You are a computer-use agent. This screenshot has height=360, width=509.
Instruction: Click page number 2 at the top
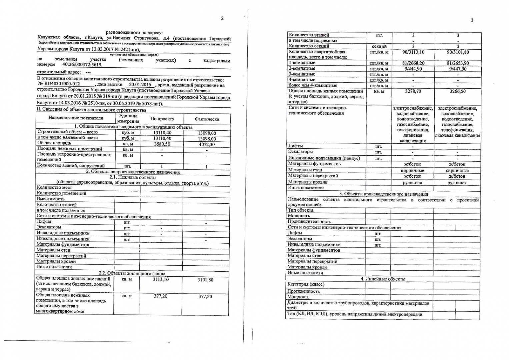[x=222, y=18]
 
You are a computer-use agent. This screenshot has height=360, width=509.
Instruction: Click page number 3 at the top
[x=472, y=20]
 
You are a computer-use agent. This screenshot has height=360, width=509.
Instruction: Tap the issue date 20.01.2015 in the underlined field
[x=140, y=85]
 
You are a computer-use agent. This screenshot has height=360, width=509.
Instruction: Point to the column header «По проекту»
[x=162, y=119]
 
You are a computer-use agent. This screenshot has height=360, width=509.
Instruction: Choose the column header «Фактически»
[x=207, y=119]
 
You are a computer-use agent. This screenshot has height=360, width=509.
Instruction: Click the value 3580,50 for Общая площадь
[x=162, y=144]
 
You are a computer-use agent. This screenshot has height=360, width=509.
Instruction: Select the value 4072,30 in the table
[x=207, y=144]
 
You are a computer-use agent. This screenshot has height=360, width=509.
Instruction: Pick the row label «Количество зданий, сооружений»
[x=71, y=166]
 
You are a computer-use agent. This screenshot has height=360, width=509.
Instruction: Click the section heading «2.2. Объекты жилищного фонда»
[x=132, y=273]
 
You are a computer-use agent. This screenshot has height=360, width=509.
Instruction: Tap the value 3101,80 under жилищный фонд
[x=205, y=280]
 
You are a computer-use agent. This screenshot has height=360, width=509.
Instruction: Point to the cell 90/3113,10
[x=413, y=52]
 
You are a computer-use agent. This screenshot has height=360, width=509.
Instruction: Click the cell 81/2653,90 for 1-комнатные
[x=458, y=63]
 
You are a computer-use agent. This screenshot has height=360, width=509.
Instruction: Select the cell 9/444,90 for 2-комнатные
[x=413, y=69]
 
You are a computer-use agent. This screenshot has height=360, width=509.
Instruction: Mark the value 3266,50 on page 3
[x=457, y=91]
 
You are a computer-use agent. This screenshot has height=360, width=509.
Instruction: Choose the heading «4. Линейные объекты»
[x=383, y=279]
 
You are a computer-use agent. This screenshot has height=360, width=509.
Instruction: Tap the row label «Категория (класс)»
[x=306, y=284]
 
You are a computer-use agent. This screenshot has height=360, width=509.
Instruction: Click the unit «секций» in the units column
[x=379, y=46]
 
